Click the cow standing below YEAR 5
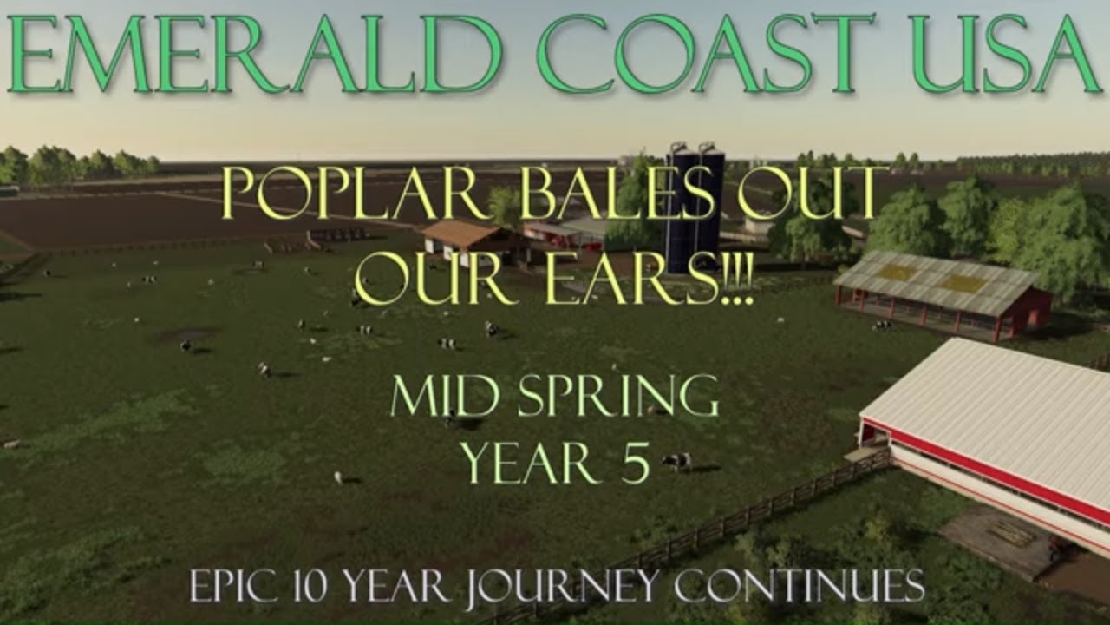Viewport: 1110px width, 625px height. (x=677, y=461)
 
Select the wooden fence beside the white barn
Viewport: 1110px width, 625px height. (x=737, y=521)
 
